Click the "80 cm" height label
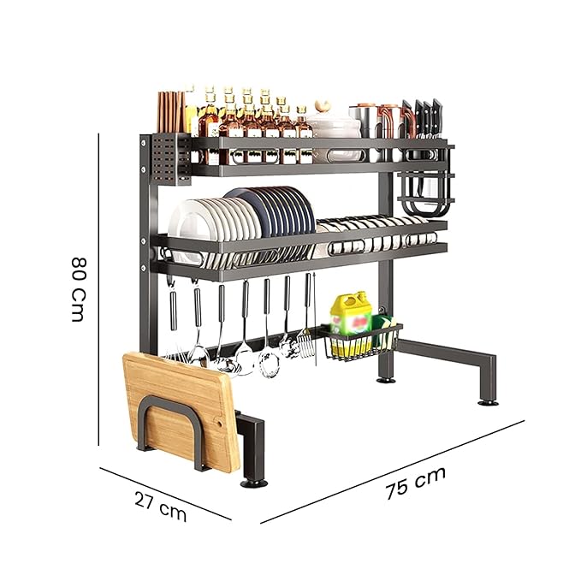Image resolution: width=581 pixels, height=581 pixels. click(77, 288)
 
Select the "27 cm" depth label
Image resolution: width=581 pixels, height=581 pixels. click(160, 507)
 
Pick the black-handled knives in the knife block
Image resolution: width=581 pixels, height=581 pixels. click(425, 117)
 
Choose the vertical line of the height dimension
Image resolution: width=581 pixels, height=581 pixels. click(101, 291)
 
